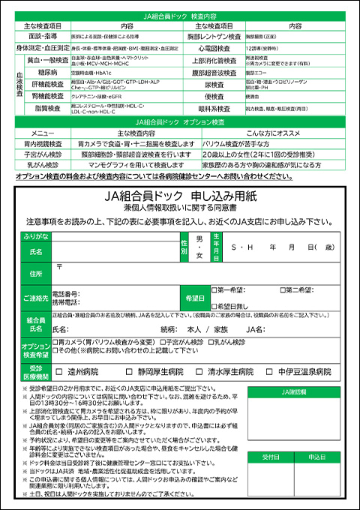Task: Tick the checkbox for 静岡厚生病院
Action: click(120, 371)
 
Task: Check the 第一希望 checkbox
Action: click(214, 289)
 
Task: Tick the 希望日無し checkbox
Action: click(214, 305)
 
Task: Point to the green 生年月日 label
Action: click(216, 246)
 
